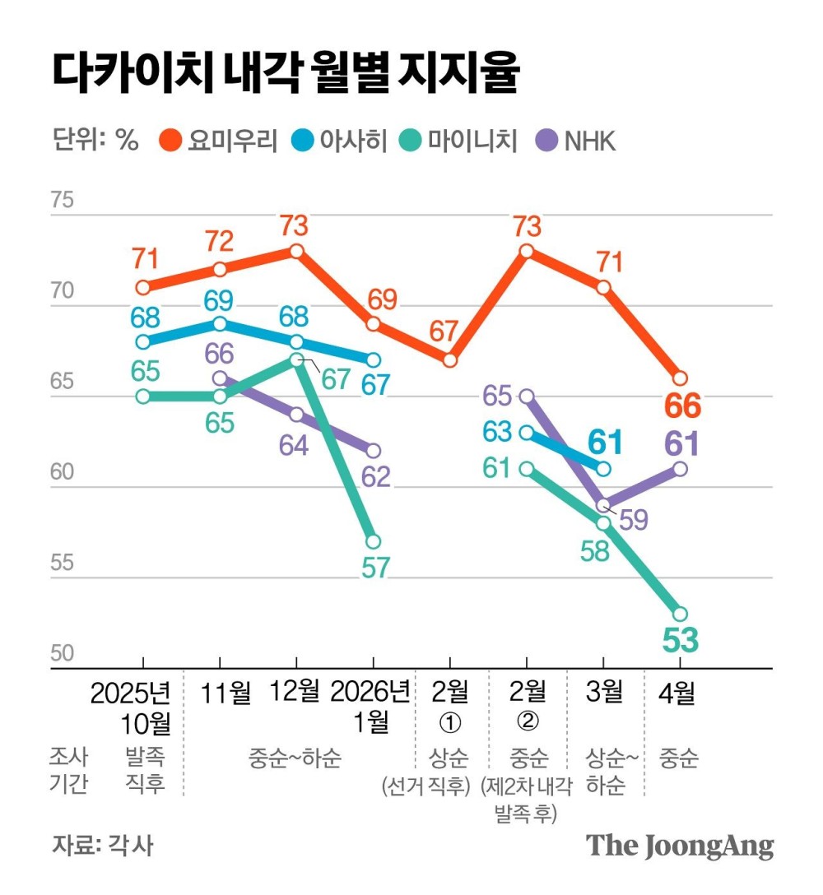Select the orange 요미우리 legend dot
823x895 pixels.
pos(170,141)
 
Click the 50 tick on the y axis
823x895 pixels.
pos(63,655)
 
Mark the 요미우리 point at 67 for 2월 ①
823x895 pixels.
pos(449,360)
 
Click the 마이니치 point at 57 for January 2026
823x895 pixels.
pos(373,541)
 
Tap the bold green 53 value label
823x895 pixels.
pos(680,640)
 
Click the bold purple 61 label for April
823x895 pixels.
pos(680,444)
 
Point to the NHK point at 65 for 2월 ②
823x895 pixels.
pos(527,396)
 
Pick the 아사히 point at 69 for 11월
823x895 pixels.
pos(220,323)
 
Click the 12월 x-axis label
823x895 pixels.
pos(296,693)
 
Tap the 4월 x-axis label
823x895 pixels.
pos(679,693)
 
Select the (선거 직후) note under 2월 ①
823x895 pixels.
pos(424,786)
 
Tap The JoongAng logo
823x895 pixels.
pos(680,846)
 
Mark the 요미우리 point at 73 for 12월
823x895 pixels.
pos(296,251)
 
